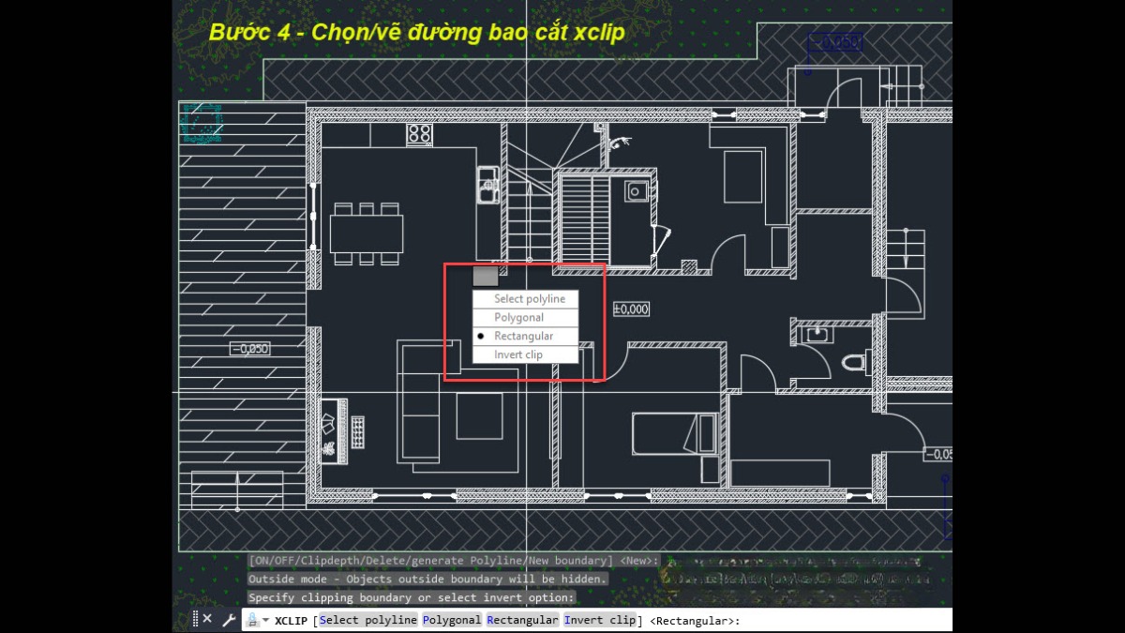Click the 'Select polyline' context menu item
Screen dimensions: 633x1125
point(529,299)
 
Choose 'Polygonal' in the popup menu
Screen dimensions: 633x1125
point(518,318)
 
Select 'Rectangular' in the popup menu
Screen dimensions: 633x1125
point(523,336)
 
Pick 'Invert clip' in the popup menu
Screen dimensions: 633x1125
point(518,354)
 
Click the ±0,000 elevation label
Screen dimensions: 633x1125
point(631,309)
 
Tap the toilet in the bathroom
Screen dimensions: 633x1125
point(854,362)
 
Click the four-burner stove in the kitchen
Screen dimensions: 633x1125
point(419,134)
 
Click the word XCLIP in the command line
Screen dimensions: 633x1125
point(292,620)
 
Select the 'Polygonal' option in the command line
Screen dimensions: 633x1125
point(452,620)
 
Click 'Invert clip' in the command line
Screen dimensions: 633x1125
point(600,620)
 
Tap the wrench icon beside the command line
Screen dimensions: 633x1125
point(229,619)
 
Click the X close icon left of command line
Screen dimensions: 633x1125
point(207,619)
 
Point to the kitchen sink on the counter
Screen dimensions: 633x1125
point(487,185)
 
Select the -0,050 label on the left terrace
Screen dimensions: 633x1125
point(249,349)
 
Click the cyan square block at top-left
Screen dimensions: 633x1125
point(201,123)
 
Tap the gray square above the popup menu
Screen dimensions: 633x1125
point(485,276)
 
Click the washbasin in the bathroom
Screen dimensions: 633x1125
point(818,333)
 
